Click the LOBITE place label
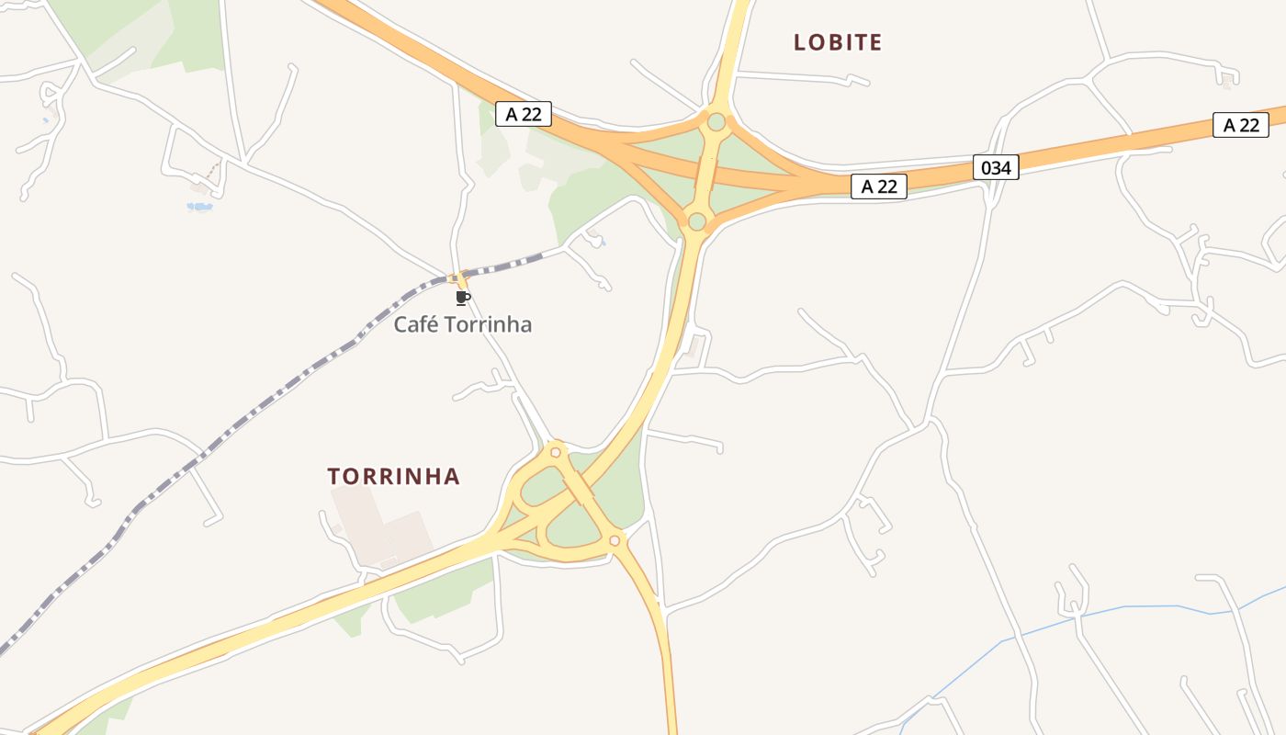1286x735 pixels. pos(838,42)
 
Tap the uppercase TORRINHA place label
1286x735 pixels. pos(393,476)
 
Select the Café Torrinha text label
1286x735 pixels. pos(463,324)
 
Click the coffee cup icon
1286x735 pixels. pos(463,298)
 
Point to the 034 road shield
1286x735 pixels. pos(996,168)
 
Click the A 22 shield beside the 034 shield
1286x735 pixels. pos(879,187)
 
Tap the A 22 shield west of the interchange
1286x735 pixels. pos(524,114)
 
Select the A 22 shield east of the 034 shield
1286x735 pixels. pos(1240,125)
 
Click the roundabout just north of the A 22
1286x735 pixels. pos(716,122)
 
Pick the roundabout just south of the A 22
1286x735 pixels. pos(697,221)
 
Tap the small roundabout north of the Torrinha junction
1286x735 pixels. pos(555,452)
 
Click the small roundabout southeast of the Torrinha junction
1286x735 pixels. pos(615,541)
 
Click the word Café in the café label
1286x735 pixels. pos(414,324)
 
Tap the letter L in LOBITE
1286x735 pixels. pos(799,42)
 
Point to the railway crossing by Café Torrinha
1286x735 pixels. pos(457,277)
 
